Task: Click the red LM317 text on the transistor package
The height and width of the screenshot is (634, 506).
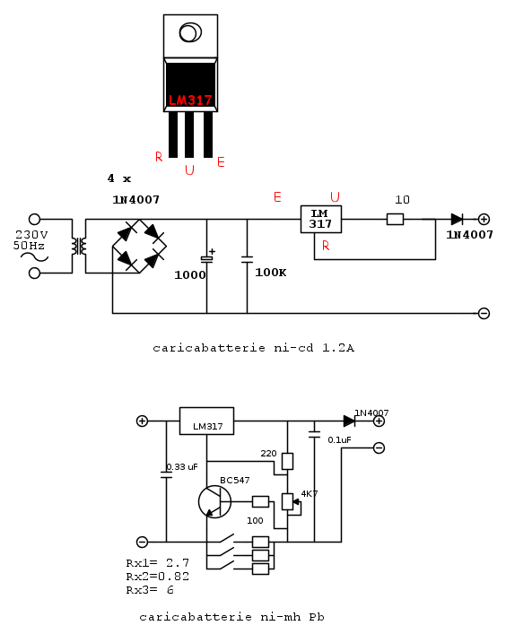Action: coord(190,100)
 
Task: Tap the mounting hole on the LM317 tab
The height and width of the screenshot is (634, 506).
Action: coord(190,32)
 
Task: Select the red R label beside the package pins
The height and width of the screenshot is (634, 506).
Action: coord(159,156)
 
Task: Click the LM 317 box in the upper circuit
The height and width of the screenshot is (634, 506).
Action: coord(321,219)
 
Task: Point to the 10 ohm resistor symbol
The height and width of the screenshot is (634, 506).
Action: coord(395,219)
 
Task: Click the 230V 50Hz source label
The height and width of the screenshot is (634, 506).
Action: coord(31,239)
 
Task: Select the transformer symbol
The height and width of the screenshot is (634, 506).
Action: coord(79,247)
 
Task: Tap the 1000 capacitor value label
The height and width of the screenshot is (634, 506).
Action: coord(189,275)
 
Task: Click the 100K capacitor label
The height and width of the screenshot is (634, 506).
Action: coord(271,273)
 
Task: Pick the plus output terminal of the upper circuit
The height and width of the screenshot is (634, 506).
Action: coord(484,219)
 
